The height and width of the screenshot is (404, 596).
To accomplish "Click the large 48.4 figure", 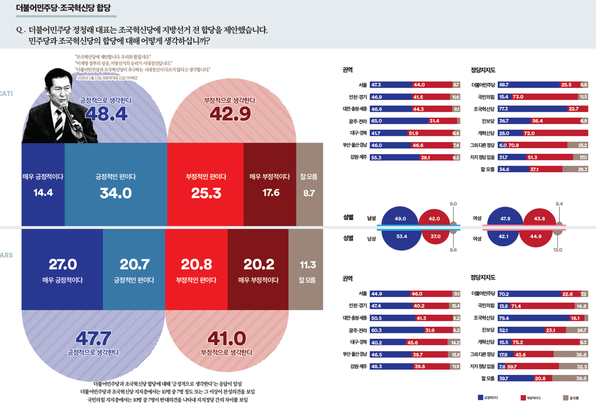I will [106, 114].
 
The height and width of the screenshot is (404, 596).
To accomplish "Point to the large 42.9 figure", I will [230, 114].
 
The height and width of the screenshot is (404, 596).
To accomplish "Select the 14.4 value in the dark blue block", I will [43, 193].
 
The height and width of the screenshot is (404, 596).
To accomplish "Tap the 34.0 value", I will [115, 193].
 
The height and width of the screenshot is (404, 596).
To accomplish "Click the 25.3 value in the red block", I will [206, 193].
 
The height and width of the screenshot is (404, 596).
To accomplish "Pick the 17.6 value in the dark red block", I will [270, 193].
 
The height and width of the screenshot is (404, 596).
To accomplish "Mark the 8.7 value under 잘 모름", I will [309, 193].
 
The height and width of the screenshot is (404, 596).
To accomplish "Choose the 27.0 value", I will [62, 264].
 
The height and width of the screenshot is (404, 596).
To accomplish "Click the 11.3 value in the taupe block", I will [308, 265].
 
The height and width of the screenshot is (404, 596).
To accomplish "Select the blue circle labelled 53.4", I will [401, 237].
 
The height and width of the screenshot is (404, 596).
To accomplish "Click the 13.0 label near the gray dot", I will [557, 250].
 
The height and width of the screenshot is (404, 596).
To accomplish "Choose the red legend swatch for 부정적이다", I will [522, 397].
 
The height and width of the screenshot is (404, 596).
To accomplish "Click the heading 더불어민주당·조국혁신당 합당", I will [63, 8].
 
